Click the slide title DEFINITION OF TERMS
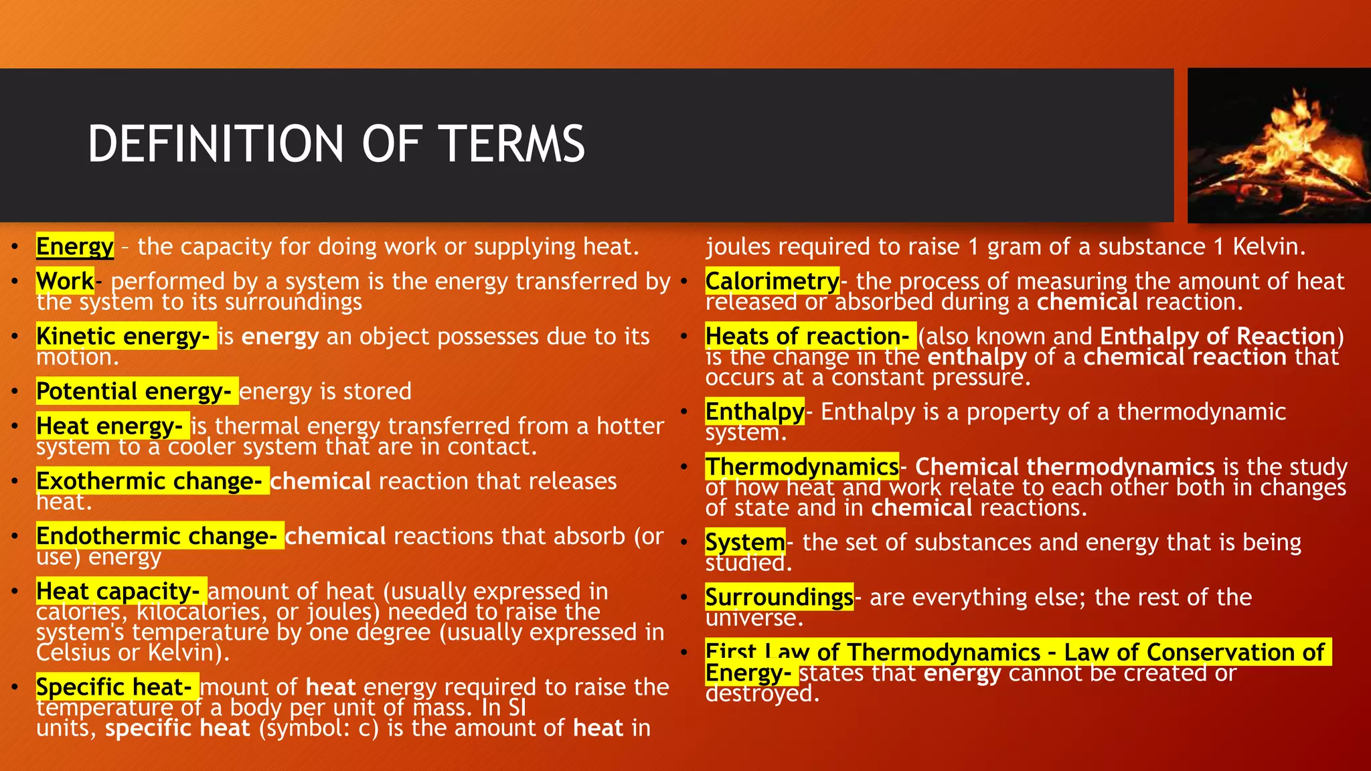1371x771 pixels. point(336,144)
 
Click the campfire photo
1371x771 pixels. point(1279,146)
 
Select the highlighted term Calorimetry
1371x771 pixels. point(772,281)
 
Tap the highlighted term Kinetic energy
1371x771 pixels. point(123,336)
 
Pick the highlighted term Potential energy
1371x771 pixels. point(134,391)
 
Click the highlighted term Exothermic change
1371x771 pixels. point(149,481)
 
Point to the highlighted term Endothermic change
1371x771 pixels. point(157,536)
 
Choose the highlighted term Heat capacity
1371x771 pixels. point(118,591)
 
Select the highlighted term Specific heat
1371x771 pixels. point(114,687)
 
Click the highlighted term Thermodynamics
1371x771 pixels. point(801,466)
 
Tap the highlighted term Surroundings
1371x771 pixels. point(779,596)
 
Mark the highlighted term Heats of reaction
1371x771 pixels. point(807,336)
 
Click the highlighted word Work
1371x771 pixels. point(65,281)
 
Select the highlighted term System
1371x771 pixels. point(744,542)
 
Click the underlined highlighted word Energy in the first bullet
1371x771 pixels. point(74,247)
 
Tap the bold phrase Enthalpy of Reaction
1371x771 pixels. point(1218,336)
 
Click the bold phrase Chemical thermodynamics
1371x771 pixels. point(1064,466)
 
